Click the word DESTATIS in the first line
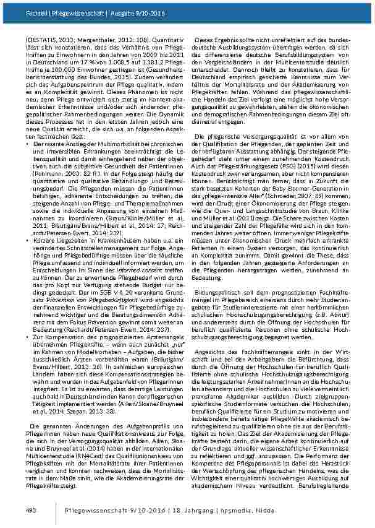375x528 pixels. (41, 38)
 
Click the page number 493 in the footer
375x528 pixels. (30, 509)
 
